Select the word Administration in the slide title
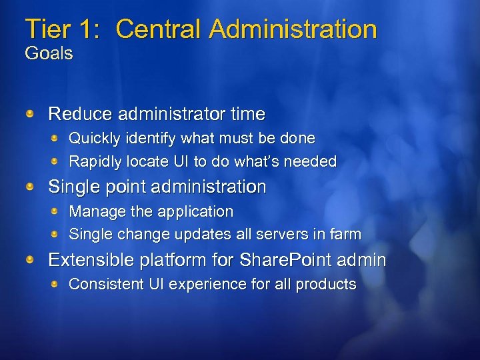click(293, 29)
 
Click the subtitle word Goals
click(49, 54)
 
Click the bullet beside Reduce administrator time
click(30, 115)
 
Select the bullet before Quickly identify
click(57, 138)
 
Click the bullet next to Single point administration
click(30, 187)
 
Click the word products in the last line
click(326, 284)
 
